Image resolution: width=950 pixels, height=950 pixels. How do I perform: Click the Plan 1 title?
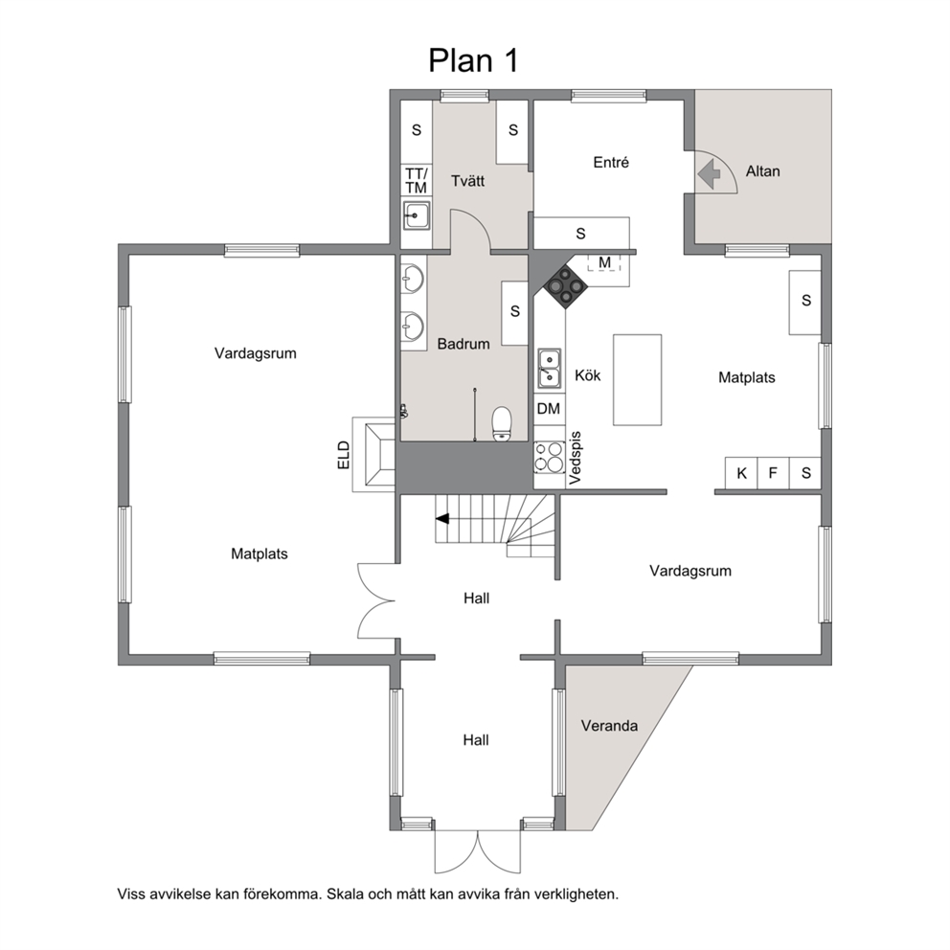[473, 60]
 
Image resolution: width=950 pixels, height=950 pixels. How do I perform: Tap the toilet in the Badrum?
[502, 424]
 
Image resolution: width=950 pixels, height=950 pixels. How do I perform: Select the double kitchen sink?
[550, 369]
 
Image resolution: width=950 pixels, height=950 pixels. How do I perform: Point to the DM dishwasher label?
[549, 408]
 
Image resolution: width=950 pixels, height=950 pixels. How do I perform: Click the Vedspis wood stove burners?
[549, 457]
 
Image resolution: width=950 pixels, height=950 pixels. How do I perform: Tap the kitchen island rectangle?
[638, 380]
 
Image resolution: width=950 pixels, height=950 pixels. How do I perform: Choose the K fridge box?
[741, 473]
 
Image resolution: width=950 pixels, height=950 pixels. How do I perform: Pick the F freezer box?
[773, 473]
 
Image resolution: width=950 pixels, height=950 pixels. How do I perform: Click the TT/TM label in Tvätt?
[417, 181]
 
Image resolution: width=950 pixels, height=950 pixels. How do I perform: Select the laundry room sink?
[417, 215]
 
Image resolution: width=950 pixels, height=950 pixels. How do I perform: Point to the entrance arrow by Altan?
[709, 174]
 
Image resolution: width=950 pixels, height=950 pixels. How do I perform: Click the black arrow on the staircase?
[442, 519]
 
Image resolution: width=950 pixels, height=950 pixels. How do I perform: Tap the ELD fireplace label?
[344, 455]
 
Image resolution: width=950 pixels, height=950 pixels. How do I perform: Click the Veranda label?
[609, 726]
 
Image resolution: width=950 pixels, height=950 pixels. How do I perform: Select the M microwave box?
[604, 263]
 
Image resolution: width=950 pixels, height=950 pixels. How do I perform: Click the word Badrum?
[464, 344]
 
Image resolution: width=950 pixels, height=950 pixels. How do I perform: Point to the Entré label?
[611, 163]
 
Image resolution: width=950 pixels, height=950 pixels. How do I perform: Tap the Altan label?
[763, 171]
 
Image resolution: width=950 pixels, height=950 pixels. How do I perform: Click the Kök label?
[588, 375]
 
